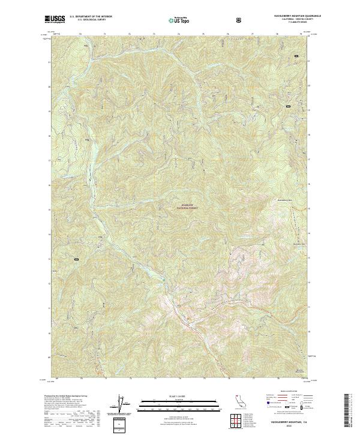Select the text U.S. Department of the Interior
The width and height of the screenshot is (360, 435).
[90, 17]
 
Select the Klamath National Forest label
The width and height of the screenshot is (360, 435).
[187, 205]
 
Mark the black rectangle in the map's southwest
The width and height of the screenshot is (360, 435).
[77, 259]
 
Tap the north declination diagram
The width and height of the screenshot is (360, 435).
[123, 403]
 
